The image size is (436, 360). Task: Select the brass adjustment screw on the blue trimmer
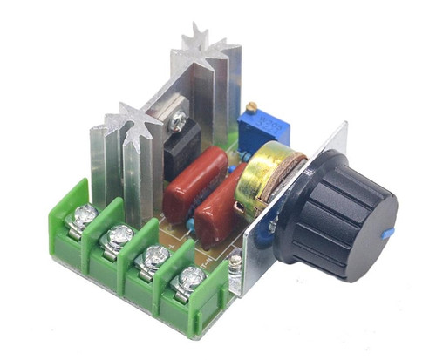click(255, 108)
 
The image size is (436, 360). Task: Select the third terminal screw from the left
click(155, 256)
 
